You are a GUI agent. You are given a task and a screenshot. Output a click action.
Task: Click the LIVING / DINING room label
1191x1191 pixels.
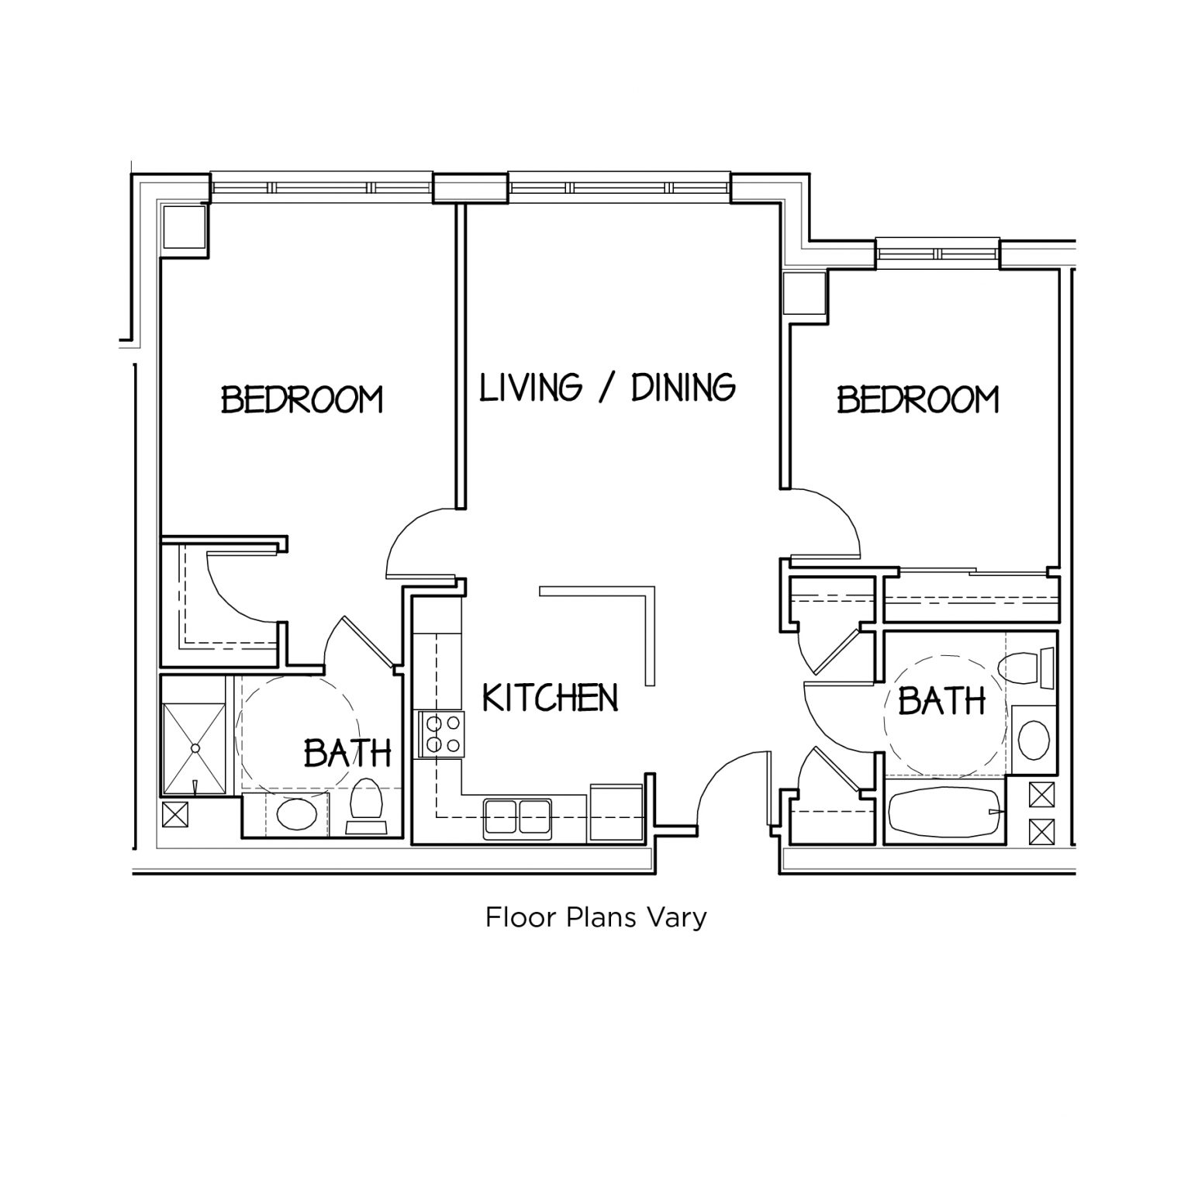606,387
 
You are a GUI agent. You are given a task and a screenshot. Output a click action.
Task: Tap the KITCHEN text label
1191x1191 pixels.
550,698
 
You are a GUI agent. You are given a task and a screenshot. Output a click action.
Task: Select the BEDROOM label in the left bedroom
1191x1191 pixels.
302,399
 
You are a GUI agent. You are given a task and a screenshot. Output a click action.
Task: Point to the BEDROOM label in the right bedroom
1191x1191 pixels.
917,399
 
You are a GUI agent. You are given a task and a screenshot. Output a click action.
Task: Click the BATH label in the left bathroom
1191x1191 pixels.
347,752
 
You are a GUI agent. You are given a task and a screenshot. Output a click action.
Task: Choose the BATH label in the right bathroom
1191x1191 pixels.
941,701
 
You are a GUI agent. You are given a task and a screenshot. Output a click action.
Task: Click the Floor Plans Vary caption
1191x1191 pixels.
595,917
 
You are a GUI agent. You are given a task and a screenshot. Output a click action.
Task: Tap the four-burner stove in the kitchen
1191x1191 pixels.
440,734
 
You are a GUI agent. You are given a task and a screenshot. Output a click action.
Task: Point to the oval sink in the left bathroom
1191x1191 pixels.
296,815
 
